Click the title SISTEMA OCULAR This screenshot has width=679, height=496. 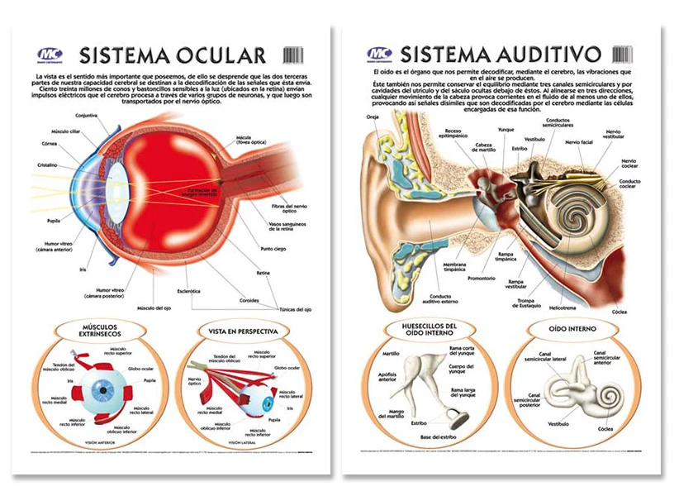172,55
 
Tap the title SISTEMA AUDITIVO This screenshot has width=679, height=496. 500,55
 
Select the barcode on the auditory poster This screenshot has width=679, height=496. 622,55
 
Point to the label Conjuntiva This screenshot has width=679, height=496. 87,115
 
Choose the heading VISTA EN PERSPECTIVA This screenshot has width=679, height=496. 243,331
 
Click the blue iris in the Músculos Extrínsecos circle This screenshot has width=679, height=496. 105,389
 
